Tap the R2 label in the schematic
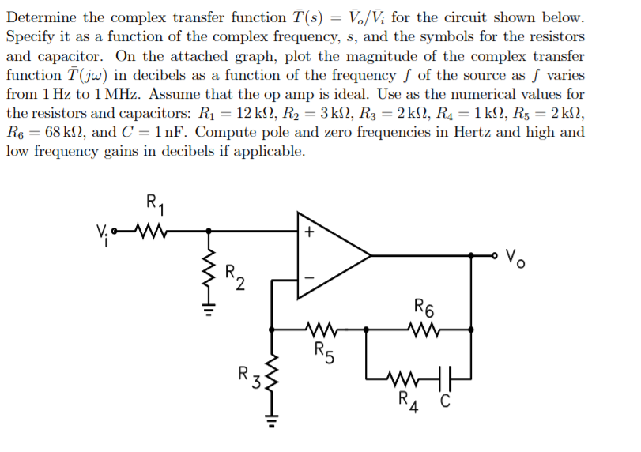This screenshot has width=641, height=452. [235, 277]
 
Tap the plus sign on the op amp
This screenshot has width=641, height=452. [309, 233]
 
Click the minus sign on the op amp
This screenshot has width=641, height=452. [309, 277]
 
